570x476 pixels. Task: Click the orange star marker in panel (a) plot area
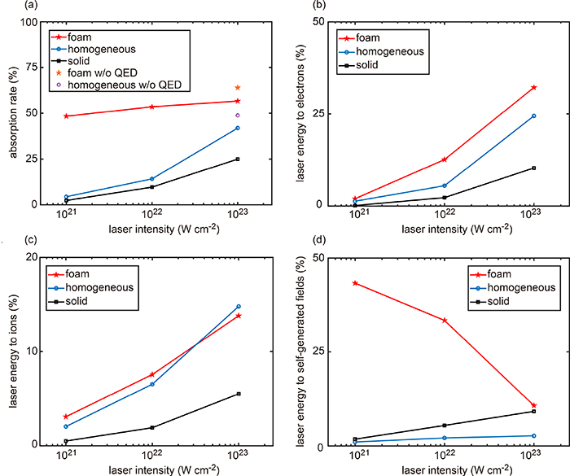click(237, 88)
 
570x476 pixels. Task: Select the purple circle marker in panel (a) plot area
click(237, 116)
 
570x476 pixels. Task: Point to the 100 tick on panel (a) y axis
click(34, 22)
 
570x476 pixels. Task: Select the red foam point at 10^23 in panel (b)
click(533, 87)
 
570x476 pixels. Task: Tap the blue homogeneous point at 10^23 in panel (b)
click(533, 116)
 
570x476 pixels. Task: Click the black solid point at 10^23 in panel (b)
click(533, 168)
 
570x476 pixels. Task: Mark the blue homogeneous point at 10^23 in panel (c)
click(239, 307)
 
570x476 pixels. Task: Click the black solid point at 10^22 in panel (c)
click(151, 427)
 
